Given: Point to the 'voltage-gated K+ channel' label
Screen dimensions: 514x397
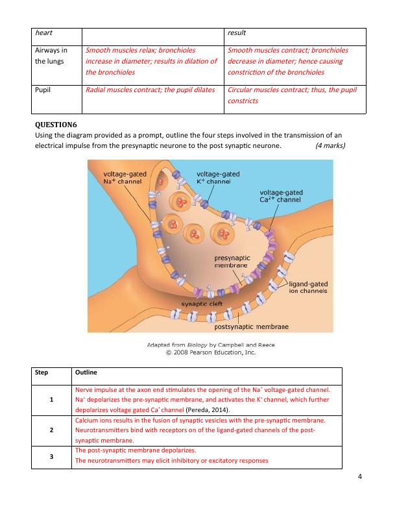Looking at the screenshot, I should tap(219, 178).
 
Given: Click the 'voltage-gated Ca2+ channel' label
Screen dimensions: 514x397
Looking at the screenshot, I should tap(281, 197).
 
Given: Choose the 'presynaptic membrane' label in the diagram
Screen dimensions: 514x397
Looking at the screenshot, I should tap(232, 262).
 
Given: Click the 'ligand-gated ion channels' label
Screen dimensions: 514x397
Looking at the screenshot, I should tap(309, 288).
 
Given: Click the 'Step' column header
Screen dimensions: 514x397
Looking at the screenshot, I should tap(42, 373).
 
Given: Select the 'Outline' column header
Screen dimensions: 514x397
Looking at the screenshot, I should tap(87, 373).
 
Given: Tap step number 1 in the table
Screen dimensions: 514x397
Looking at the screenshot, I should tap(51, 400).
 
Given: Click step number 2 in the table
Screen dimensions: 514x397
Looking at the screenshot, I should tap(51, 430).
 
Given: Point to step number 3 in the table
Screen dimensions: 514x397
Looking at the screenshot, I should tap(51, 456).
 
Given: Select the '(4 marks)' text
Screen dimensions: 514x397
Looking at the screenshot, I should tap(331, 145).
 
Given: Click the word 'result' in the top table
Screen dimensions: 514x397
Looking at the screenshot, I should tap(237, 32).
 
